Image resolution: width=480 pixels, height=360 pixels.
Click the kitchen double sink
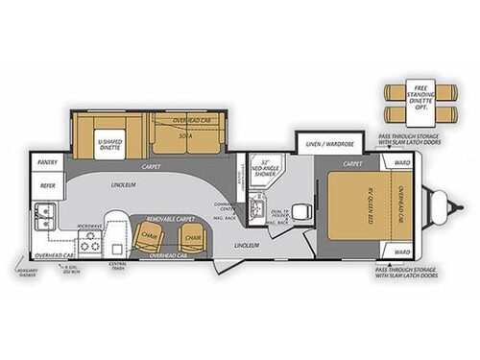[x=41, y=212]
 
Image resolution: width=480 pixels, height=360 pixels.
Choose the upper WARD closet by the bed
[x=402, y=163]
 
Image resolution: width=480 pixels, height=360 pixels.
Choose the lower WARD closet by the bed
[x=402, y=252]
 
